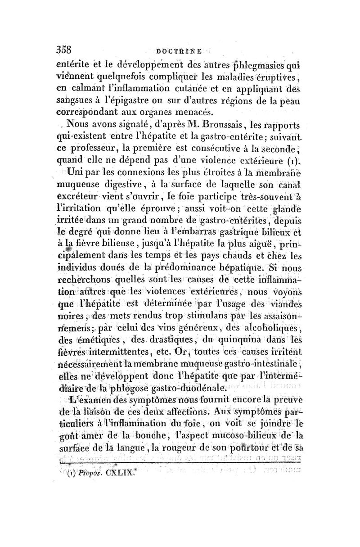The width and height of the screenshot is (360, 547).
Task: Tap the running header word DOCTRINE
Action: coord(179,52)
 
